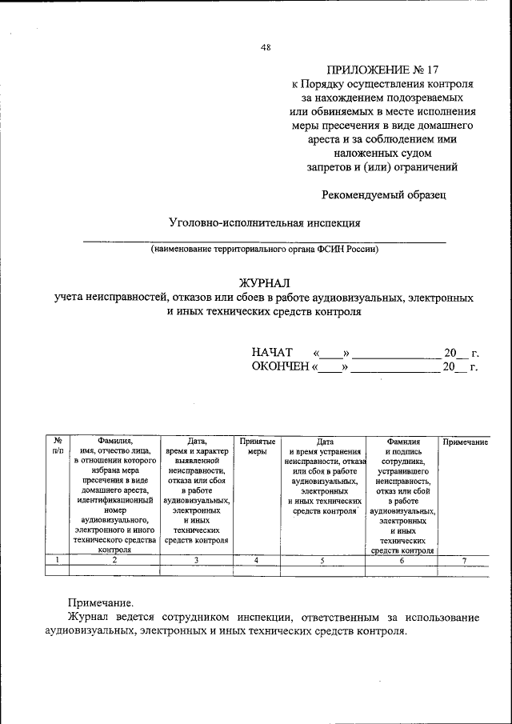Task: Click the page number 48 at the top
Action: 266,47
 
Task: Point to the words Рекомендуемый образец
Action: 383,194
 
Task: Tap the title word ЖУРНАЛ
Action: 265,282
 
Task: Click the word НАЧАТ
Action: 272,353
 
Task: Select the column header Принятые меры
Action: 257,446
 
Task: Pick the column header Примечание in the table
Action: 465,441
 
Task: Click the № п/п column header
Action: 58,446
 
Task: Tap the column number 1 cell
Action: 58,560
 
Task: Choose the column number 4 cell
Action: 257,560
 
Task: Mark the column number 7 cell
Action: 465,560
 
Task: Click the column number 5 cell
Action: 322,560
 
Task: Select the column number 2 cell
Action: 114,560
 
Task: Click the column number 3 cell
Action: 196,560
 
